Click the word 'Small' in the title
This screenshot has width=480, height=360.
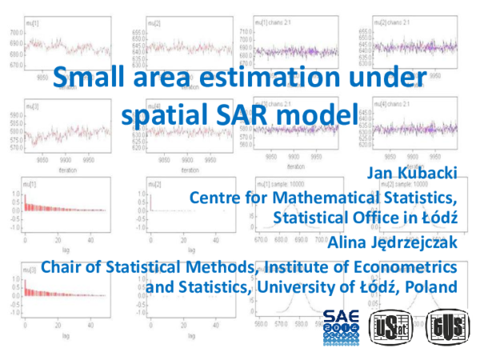(85, 79)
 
